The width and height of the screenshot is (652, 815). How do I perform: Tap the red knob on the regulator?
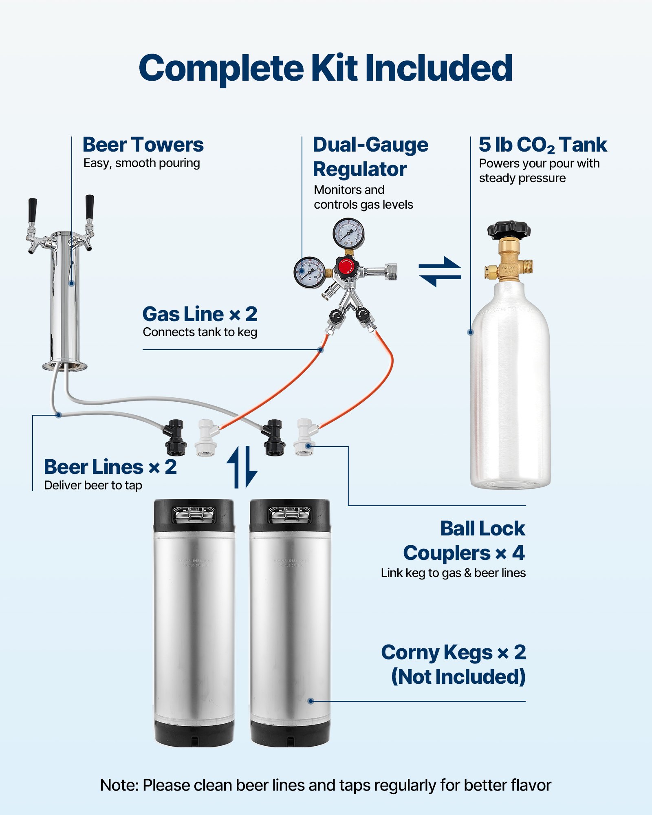[346, 267]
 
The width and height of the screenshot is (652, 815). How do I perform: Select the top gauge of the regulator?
[348, 233]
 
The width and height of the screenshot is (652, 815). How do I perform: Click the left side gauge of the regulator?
[309, 272]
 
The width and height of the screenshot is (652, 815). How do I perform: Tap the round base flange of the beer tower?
[64, 366]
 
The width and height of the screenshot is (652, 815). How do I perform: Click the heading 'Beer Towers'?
[143, 145]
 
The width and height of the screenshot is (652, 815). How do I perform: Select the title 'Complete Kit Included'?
[326, 68]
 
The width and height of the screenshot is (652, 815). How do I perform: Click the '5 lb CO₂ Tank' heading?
[542, 145]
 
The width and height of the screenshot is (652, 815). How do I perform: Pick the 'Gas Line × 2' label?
[200, 314]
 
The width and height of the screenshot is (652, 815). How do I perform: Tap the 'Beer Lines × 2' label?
[110, 467]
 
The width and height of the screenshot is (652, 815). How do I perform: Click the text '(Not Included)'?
[458, 677]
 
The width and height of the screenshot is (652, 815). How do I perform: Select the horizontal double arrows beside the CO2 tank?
[440, 271]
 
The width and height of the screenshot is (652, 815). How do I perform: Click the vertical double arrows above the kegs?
[242, 467]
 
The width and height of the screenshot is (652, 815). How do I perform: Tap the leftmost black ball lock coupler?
[175, 437]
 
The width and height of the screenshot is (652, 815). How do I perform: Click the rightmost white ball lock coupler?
[305, 437]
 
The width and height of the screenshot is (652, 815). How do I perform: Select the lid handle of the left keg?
[194, 514]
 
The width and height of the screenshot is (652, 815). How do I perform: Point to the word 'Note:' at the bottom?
[119, 785]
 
